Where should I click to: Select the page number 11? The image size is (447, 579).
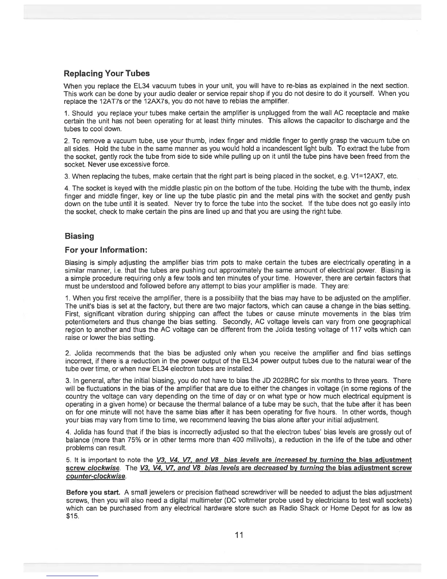click(239, 535)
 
